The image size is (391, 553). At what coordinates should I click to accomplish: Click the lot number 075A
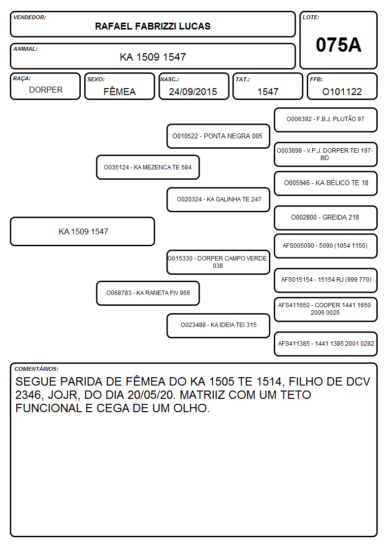[x=338, y=45]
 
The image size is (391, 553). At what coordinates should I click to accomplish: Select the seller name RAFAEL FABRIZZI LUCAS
[x=153, y=26]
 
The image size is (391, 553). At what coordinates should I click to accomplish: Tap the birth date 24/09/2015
[x=193, y=92]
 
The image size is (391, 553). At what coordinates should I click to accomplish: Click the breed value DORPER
[x=46, y=90]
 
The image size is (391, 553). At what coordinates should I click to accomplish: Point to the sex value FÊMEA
[x=120, y=91]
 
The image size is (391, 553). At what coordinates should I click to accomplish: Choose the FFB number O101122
[x=342, y=92]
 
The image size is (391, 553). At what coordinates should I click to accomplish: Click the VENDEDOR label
[x=30, y=17]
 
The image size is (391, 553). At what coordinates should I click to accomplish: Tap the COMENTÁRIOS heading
[x=36, y=369]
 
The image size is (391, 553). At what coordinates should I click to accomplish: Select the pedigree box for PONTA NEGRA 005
[x=218, y=136]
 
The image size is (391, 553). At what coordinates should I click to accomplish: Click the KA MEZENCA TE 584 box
[x=148, y=167]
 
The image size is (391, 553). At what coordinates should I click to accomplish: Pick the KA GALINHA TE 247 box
[x=218, y=199]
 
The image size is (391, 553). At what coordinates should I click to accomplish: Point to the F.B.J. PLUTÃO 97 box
[x=326, y=120]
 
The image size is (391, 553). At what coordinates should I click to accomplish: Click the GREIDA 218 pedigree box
[x=326, y=218]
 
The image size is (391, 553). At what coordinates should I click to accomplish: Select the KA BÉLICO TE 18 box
[x=326, y=183]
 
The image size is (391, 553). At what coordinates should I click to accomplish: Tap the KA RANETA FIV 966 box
[x=148, y=293]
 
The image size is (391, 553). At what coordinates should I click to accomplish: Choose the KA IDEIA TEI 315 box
[x=218, y=325]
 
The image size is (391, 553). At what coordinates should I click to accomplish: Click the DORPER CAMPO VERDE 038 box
[x=218, y=262]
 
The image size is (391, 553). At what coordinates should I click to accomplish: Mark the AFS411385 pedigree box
[x=326, y=344]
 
